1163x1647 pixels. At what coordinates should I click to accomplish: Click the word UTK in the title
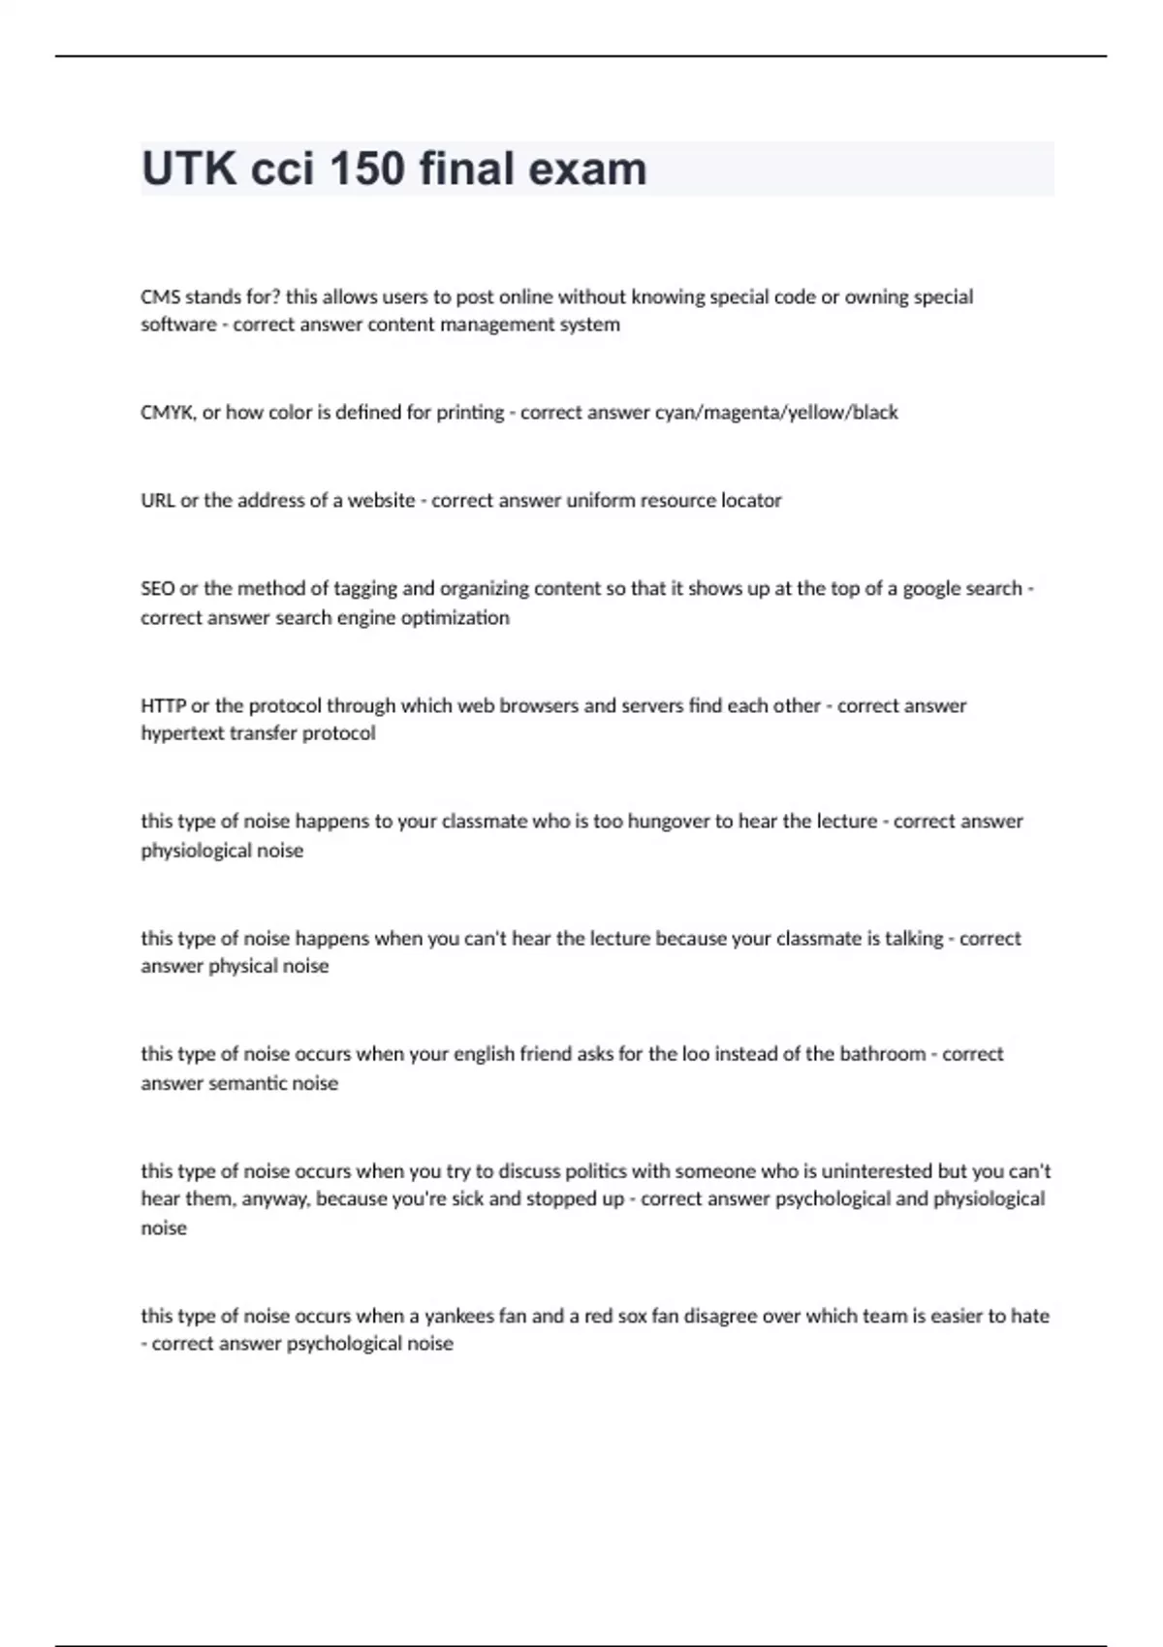[x=189, y=169]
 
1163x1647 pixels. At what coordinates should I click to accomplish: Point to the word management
[x=493, y=325]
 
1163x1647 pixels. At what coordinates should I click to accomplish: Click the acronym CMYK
[x=168, y=413]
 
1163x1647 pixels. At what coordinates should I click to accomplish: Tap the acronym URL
[x=158, y=501]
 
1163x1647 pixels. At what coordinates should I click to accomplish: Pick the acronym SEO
[x=157, y=588]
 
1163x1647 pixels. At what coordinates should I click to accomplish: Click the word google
[x=933, y=589]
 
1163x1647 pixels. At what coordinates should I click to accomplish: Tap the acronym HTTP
[x=163, y=705]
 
